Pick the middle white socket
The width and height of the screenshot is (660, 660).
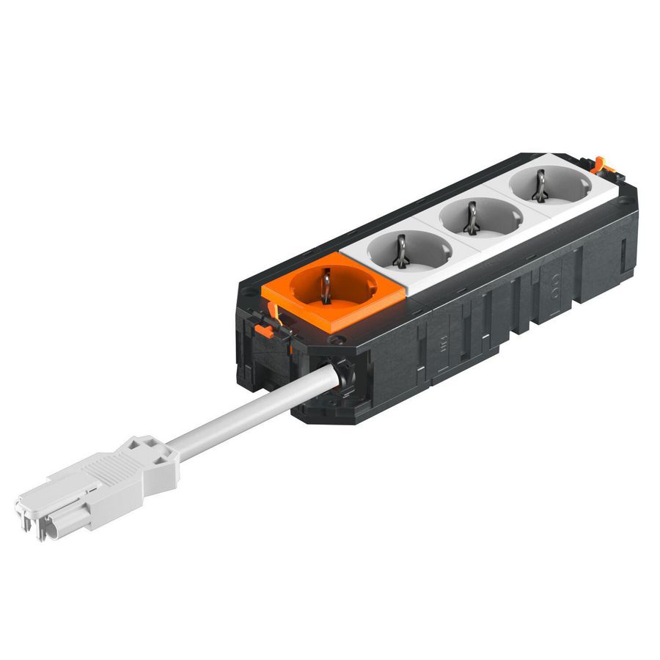(480, 218)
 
